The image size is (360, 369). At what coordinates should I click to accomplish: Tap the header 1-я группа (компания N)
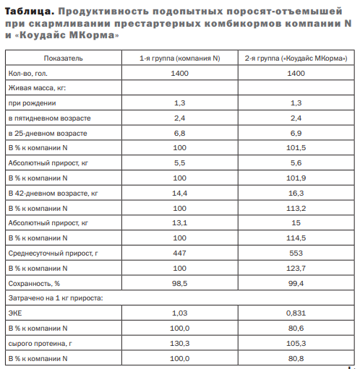tap(181, 56)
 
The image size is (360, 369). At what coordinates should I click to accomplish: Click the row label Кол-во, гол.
tap(31, 73)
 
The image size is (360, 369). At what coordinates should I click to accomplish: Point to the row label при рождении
tap(34, 103)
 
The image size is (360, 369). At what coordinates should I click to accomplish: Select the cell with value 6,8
tap(181, 133)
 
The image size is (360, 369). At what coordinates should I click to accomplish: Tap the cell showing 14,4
tap(181, 193)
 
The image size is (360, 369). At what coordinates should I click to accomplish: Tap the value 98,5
tap(181, 283)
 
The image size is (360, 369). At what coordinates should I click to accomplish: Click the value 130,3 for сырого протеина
tap(181, 343)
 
